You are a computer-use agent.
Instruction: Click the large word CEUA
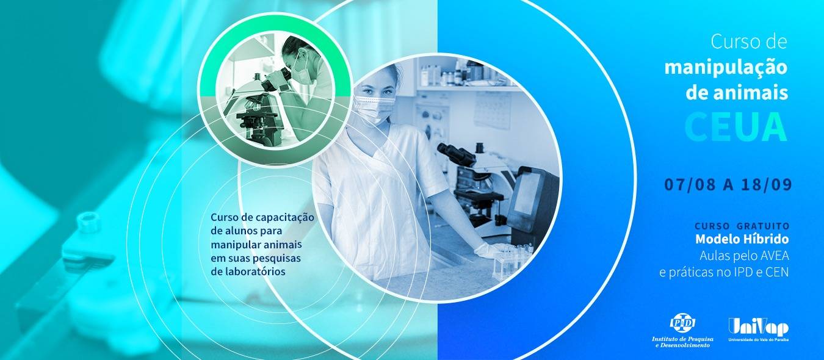[x=735, y=127]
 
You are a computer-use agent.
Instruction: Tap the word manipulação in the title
[x=726, y=68]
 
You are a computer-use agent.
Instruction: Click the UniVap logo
[x=759, y=330]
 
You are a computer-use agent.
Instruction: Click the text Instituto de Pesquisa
[x=682, y=339]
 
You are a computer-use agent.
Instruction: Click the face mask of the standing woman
[x=374, y=108]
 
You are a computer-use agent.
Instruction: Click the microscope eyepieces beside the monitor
[x=456, y=153]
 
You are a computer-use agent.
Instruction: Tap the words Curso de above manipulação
[x=749, y=41]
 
